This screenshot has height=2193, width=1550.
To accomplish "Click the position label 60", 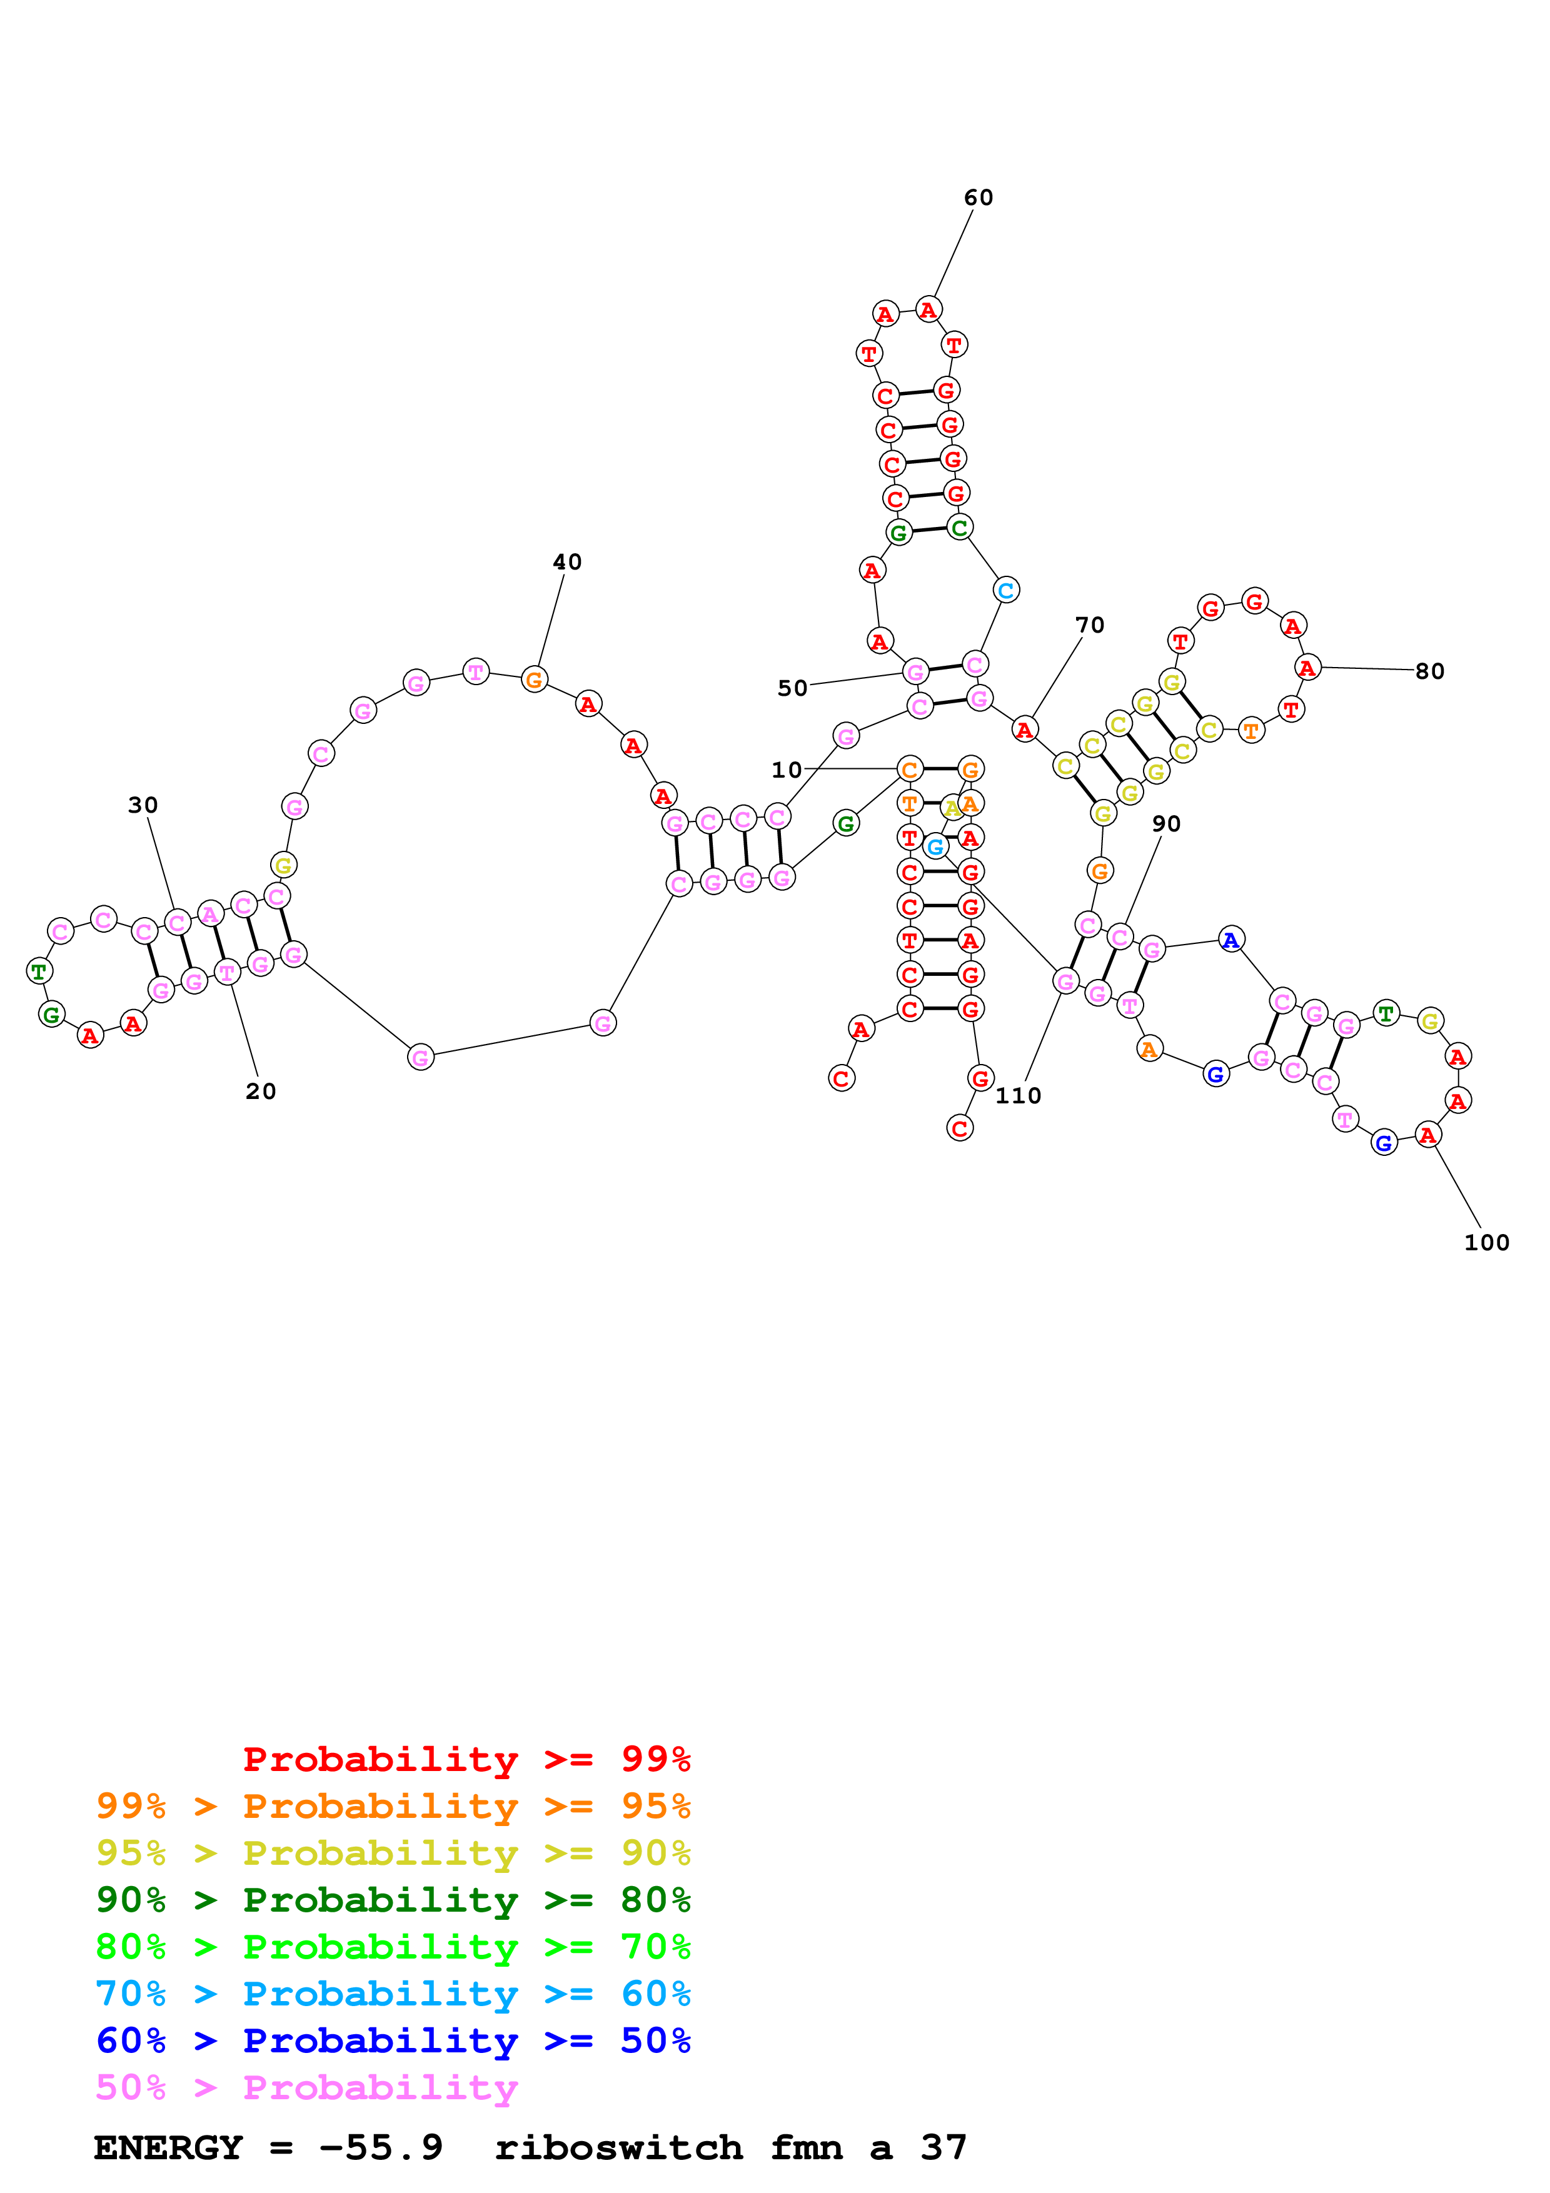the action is tap(978, 198).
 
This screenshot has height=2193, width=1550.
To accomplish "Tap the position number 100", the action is tap(1486, 1243).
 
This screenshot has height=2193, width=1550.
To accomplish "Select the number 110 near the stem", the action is tap(1018, 1095).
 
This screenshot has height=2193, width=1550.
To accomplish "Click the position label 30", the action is tap(143, 805).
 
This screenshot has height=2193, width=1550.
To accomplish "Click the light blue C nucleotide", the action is tap(1005, 590).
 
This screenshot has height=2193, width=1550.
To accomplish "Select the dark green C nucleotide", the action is tap(960, 527).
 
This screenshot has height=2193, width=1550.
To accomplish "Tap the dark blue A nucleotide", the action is tap(1231, 940).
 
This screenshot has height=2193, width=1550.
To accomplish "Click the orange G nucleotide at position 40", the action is tap(535, 680).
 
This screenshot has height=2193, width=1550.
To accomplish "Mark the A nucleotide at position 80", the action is tap(1307, 668).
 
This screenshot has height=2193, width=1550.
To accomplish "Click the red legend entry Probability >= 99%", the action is tap(466, 1759).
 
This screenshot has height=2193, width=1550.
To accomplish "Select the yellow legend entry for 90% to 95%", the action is tap(393, 1852).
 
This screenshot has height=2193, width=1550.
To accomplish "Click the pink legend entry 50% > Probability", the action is tap(306, 2087).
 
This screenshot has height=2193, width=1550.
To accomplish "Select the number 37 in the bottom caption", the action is tap(944, 2147).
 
